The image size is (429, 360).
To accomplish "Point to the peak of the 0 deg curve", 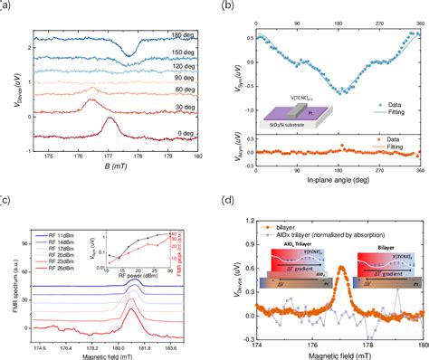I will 110,118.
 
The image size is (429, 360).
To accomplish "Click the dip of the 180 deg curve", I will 130,52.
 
